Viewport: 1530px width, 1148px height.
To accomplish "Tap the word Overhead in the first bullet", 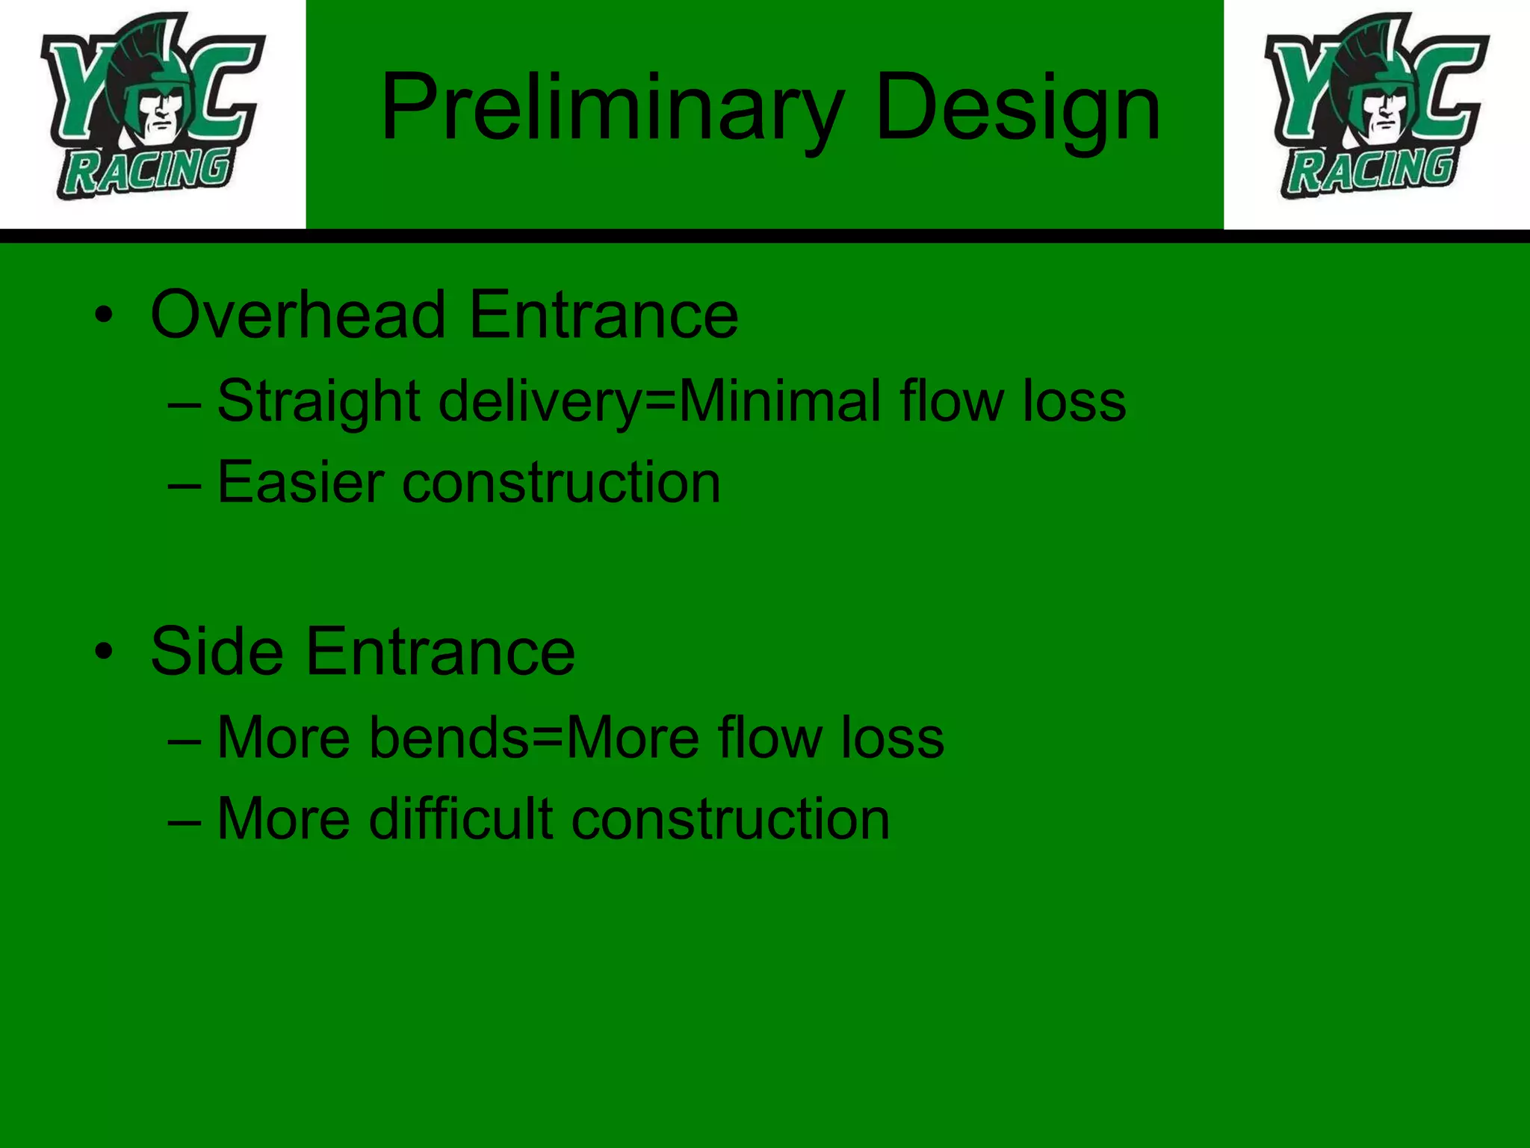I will (298, 315).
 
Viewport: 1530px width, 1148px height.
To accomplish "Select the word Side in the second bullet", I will (217, 652).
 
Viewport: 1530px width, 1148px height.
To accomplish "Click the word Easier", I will (301, 482).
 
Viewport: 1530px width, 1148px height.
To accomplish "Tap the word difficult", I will (461, 819).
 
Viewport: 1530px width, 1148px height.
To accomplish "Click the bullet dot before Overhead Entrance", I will (104, 316).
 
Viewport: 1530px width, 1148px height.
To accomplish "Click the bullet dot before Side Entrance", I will (104, 652).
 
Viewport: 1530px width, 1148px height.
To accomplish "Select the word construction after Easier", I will (562, 482).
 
